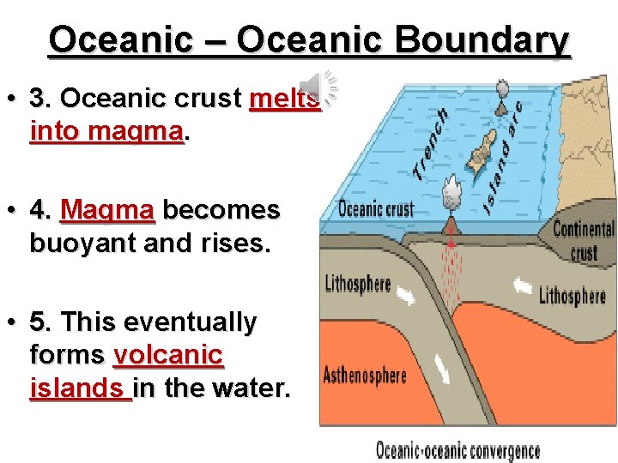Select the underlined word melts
284,99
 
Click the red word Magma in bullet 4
108,210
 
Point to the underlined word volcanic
168,355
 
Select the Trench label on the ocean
430,142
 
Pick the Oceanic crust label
376,209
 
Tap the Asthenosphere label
364,376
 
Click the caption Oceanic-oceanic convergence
458,451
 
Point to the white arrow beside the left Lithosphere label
411,295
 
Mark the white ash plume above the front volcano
450,189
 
